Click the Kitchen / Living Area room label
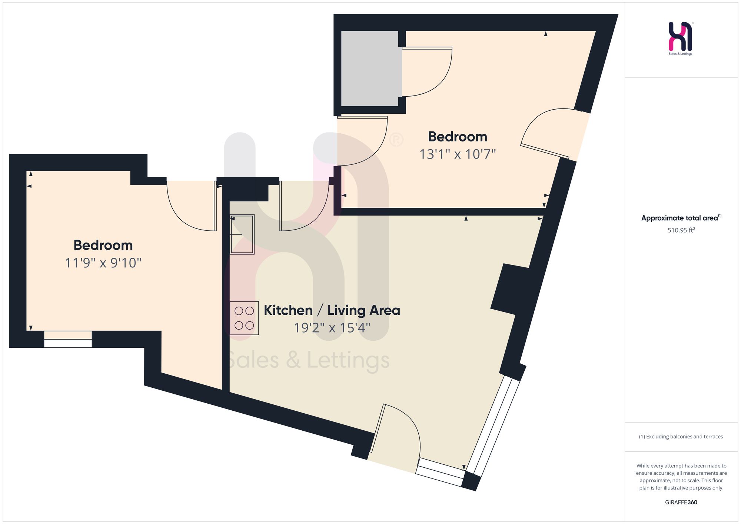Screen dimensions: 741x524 point(332,310)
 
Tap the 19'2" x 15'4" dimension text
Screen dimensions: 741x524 point(332,328)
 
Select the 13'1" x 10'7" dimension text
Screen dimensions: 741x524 point(458,154)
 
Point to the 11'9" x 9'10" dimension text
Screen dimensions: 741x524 point(103,263)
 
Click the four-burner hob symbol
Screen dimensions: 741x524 point(244,318)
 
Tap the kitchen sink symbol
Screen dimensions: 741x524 point(242,234)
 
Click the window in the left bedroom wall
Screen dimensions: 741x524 point(68,339)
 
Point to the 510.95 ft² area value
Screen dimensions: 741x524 point(681,230)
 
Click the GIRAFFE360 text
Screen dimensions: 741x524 point(681,502)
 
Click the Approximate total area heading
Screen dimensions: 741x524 point(681,218)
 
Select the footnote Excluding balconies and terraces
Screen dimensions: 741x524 point(681,437)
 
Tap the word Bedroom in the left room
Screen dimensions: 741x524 point(103,245)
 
